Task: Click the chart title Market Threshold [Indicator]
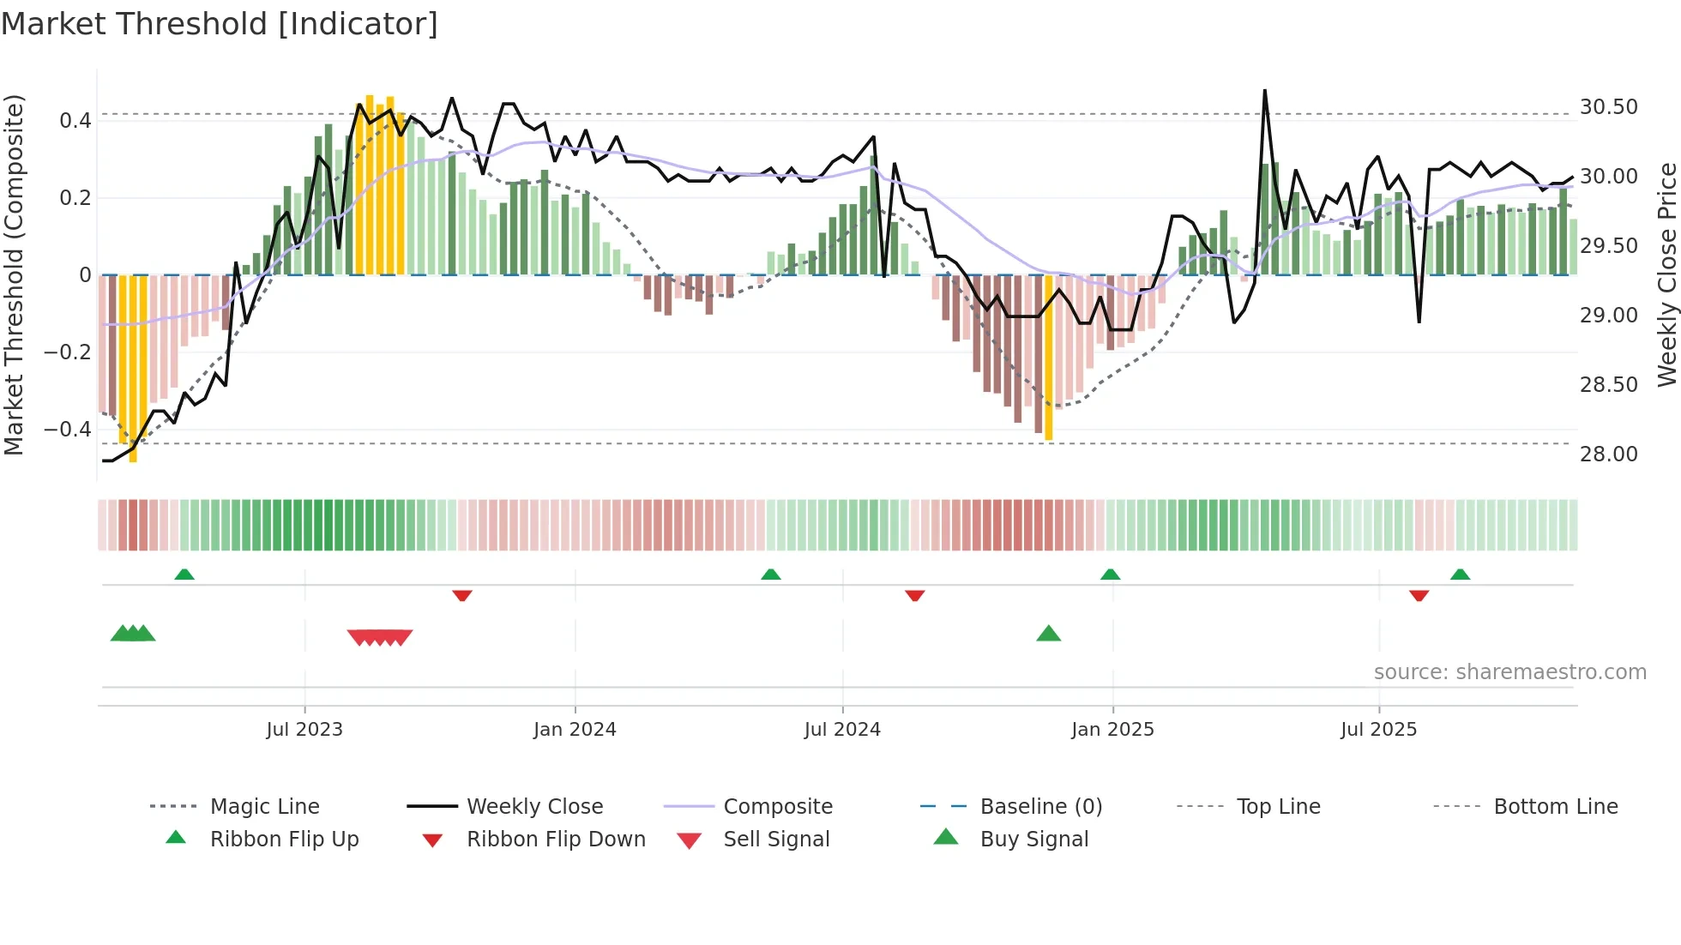click(x=220, y=24)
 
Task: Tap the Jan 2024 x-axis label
click(x=575, y=730)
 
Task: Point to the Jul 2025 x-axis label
click(x=1378, y=730)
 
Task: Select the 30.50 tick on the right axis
click(x=1608, y=107)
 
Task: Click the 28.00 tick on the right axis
click(x=1608, y=454)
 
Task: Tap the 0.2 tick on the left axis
click(x=75, y=198)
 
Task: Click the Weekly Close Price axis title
click(x=1666, y=274)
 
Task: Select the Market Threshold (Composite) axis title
click(x=14, y=274)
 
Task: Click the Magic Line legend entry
click(x=264, y=807)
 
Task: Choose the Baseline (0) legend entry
click(x=1040, y=807)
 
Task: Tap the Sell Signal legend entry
click(x=776, y=840)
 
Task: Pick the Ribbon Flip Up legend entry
click(x=284, y=840)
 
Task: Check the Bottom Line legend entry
click(x=1555, y=807)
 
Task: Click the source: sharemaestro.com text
click(x=1509, y=672)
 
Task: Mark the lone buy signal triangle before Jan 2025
click(x=1048, y=634)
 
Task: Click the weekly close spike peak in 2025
click(x=1264, y=91)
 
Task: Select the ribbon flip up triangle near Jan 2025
click(x=1110, y=574)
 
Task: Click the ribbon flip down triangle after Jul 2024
click(x=914, y=595)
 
